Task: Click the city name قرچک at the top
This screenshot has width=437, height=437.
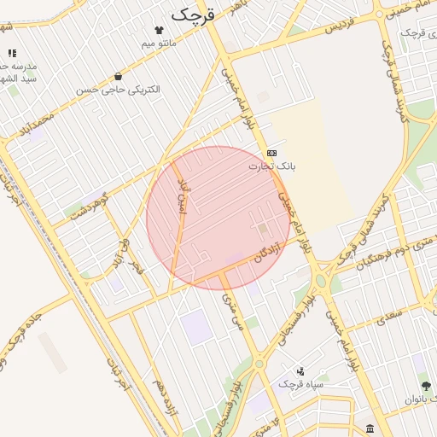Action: coord(194,14)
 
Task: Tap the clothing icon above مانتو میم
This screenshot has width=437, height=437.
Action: coord(158,29)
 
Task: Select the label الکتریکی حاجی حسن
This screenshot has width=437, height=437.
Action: coord(117,88)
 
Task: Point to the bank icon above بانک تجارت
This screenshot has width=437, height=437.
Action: coord(272,152)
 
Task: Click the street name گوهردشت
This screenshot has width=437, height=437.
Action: coord(90,205)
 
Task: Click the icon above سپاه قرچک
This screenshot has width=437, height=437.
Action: coord(300,371)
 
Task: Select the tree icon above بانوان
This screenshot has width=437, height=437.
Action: coord(426,386)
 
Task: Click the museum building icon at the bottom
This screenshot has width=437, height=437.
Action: coord(369,428)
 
